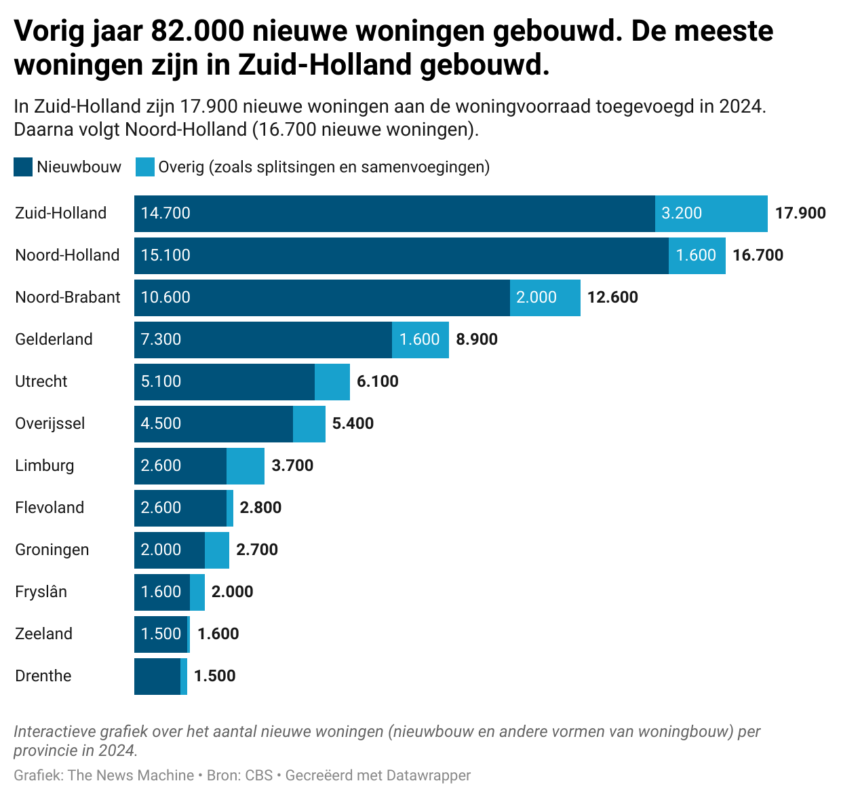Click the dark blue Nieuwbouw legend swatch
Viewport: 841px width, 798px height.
click(x=23, y=167)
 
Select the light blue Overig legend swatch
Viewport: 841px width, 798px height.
click(x=145, y=167)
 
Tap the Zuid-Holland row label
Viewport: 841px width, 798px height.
click(x=61, y=213)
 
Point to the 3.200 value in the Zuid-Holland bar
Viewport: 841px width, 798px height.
click(x=682, y=213)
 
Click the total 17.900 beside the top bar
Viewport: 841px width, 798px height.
click(x=800, y=213)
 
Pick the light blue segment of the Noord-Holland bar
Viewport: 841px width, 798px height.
click(x=697, y=255)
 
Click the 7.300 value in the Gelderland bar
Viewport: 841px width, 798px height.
click(x=161, y=339)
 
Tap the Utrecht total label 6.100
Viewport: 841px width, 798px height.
click(x=378, y=381)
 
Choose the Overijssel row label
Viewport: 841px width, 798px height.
click(x=50, y=423)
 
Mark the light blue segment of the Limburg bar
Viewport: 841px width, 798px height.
click(x=246, y=465)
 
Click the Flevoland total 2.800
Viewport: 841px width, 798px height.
click(x=261, y=508)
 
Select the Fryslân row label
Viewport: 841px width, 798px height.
click(x=41, y=592)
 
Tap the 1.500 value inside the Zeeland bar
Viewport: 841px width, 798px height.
click(x=161, y=634)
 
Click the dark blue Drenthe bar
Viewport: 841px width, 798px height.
click(x=157, y=676)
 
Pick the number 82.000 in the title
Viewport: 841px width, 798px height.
click(x=197, y=31)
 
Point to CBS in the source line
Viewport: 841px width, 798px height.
click(x=259, y=775)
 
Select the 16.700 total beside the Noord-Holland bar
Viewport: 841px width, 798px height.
click(x=758, y=255)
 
